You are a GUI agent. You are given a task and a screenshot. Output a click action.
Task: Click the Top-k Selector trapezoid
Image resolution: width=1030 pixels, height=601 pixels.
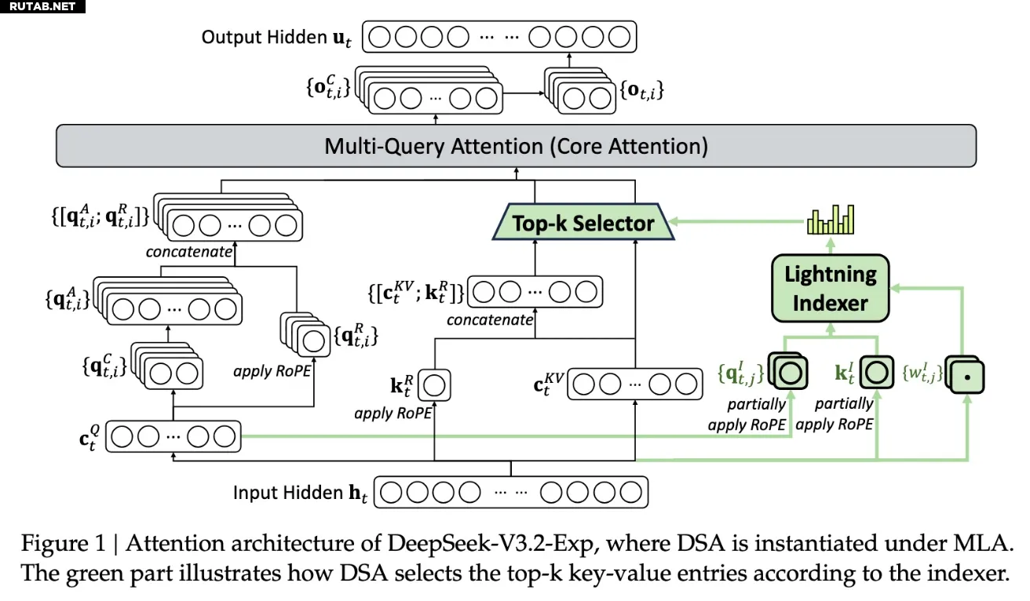tap(583, 222)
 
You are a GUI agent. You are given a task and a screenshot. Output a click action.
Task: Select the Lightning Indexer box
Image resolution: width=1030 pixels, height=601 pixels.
tap(830, 288)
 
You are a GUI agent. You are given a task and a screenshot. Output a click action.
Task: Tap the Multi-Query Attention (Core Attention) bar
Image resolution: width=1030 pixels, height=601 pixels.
tap(516, 146)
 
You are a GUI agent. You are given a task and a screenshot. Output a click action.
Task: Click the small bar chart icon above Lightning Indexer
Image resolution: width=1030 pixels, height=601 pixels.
tap(831, 219)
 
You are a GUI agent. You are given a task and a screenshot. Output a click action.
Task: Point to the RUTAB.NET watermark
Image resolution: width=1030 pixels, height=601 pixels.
tap(42, 6)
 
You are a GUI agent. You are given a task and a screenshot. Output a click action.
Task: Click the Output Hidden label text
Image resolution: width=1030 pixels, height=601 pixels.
tap(276, 38)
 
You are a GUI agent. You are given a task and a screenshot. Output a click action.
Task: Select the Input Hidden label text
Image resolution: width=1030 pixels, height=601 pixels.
tap(300, 493)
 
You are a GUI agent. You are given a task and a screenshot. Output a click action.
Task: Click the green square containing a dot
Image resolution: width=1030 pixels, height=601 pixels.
tap(966, 377)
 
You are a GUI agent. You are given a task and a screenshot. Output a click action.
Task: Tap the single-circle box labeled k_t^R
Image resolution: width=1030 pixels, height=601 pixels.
tap(434, 385)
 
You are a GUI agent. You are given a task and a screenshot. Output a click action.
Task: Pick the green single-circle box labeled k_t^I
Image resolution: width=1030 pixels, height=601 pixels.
tap(876, 372)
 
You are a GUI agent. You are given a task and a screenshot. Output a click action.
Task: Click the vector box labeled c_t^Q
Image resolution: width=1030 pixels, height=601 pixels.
tap(173, 436)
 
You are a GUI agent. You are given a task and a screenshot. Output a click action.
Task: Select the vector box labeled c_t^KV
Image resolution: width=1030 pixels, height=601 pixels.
tap(635, 384)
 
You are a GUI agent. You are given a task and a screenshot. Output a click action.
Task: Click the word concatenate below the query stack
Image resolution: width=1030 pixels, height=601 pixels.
tap(189, 252)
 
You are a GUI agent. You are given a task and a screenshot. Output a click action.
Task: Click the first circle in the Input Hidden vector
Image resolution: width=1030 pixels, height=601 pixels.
tap(391, 493)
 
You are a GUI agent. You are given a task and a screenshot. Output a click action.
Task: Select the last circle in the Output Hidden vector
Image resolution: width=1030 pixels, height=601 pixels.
tap(619, 37)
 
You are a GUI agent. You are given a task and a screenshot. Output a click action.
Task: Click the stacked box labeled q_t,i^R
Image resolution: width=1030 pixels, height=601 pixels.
tap(305, 334)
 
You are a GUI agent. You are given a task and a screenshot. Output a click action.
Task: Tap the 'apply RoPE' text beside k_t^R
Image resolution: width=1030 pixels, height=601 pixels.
tap(393, 413)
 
